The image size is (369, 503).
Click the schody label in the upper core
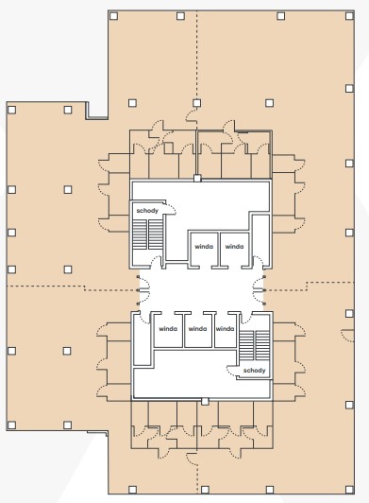(x=147, y=211)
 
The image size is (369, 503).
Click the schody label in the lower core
(x=254, y=371)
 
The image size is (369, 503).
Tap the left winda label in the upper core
(x=204, y=247)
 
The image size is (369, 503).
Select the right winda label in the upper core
(x=234, y=247)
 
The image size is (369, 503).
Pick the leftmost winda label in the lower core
(x=168, y=329)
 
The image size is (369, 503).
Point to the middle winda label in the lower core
(x=197, y=329)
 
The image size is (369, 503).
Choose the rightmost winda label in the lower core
(x=225, y=329)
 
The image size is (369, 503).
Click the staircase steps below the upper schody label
(x=147, y=234)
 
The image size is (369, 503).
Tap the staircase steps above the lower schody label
(x=254, y=345)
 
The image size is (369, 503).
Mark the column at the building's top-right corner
(x=349, y=16)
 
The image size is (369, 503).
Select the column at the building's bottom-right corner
(x=349, y=490)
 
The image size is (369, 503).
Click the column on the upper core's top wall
(x=197, y=178)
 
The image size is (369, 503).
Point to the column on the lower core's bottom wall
(x=205, y=401)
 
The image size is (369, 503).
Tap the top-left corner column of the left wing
(x=11, y=110)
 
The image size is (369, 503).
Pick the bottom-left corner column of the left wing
(x=11, y=425)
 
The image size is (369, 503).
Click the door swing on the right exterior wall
(x=347, y=336)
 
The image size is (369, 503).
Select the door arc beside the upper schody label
(x=171, y=208)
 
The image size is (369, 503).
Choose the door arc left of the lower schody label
(x=231, y=371)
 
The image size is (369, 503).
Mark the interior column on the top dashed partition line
(x=196, y=103)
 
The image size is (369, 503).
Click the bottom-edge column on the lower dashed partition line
(x=205, y=490)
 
